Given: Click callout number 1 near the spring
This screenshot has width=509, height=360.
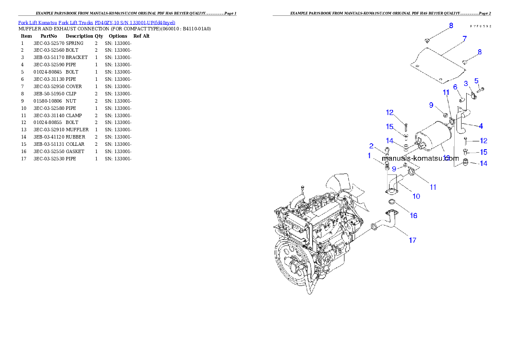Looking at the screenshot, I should point(369,156).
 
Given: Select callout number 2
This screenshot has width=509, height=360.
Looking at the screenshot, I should point(371,146).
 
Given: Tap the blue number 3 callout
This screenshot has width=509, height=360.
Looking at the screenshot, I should point(466,84).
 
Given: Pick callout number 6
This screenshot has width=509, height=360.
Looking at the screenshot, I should point(455,87).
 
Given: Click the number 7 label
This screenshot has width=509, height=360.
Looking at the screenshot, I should point(464,38).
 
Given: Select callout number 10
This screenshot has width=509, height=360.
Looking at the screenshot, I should point(416,196).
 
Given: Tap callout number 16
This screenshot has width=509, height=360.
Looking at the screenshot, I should point(414,215).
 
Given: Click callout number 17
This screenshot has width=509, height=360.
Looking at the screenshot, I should point(412,240).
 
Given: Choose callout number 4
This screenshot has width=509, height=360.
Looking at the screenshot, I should point(481,126).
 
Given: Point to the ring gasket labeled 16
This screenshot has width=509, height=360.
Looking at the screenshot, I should point(391,202).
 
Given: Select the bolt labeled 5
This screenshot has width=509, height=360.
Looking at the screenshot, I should point(479,90).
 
